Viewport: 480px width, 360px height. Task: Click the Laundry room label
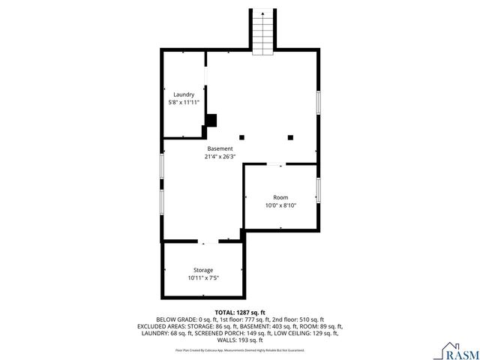click(184, 94)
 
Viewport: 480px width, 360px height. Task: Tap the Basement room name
click(220, 148)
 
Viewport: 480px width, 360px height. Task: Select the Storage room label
click(203, 270)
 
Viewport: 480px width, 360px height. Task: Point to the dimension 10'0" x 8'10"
click(280, 205)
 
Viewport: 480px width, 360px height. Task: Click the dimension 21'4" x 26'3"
click(220, 157)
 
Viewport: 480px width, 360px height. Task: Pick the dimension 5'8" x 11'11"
click(184, 102)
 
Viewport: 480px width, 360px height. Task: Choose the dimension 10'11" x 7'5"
click(203, 277)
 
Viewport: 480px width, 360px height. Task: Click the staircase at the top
click(262, 34)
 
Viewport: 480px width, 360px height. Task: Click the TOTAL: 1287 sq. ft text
click(240, 312)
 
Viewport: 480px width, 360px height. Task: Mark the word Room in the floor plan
click(280, 197)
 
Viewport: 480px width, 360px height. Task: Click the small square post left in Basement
click(241, 136)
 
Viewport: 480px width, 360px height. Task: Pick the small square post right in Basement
click(291, 136)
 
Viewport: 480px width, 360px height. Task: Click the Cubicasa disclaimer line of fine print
click(240, 349)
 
